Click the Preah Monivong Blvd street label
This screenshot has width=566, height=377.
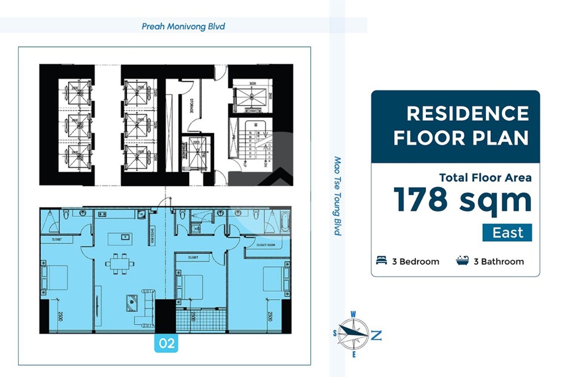point(183,26)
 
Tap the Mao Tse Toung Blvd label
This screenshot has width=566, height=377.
point(337,196)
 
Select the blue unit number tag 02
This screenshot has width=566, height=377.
point(166,343)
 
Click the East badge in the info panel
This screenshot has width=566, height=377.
point(507,233)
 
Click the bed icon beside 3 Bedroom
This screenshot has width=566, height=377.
point(381,261)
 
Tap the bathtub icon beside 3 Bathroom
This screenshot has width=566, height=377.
point(462,261)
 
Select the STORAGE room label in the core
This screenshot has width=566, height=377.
point(191,106)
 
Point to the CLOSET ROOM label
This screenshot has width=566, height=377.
point(266,245)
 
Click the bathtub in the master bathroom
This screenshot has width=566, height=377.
point(285,223)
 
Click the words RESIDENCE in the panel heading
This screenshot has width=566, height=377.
point(468,113)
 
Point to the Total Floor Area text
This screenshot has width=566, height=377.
point(485,178)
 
